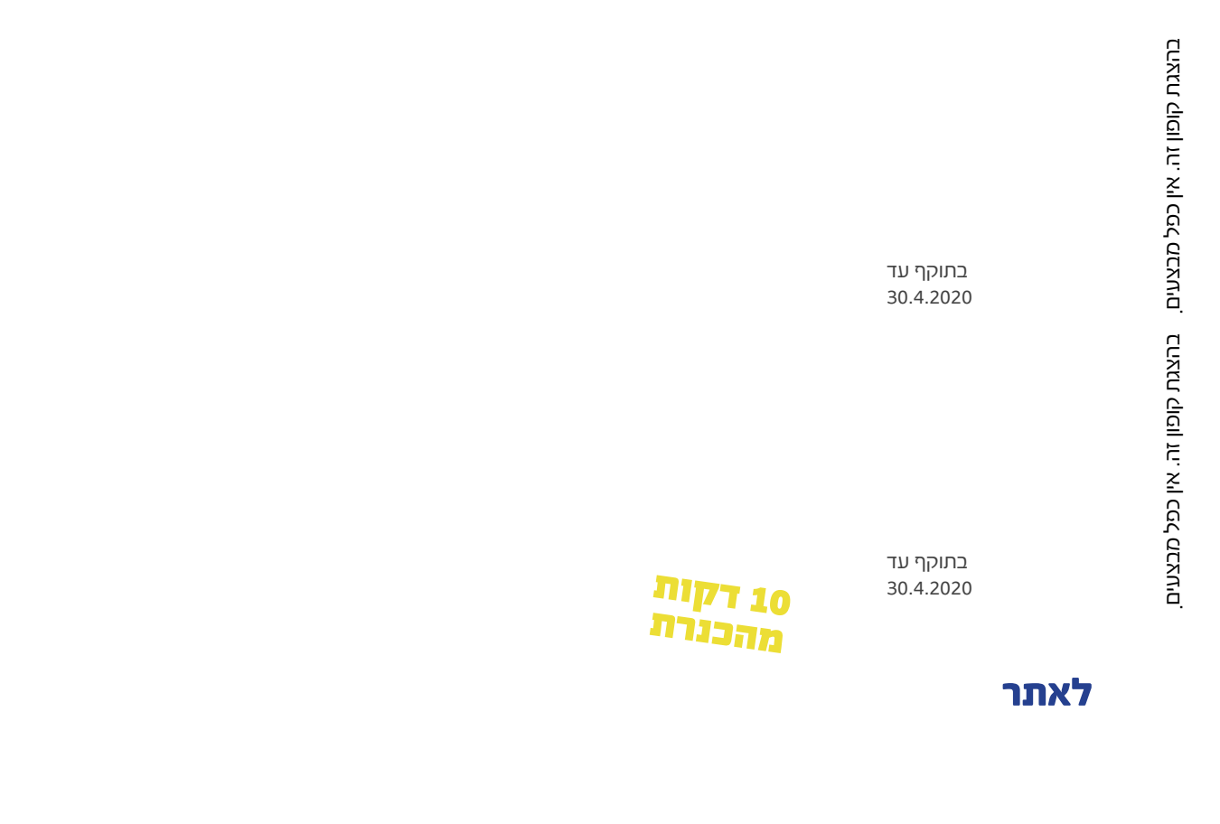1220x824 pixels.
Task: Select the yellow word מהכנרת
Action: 716,631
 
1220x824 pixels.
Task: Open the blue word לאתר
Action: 1047,694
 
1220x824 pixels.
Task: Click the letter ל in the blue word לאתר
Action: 1081,694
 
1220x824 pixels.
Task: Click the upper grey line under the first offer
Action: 926,272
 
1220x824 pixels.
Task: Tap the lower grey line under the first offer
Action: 929,297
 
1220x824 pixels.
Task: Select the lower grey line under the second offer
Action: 929,588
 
